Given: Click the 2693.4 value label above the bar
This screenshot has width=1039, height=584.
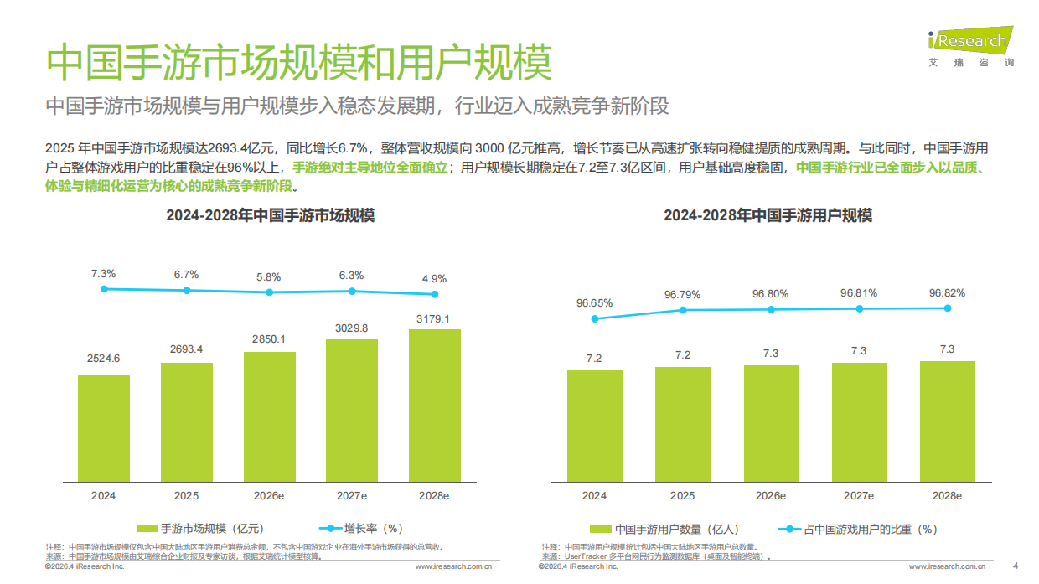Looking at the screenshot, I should [186, 349].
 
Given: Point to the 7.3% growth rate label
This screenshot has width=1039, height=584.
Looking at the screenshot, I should [103, 274].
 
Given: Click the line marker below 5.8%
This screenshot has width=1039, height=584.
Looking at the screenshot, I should [269, 292].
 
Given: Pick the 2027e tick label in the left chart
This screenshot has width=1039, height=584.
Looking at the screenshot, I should [351, 496].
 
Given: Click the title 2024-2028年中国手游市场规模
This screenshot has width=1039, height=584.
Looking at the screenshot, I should [270, 215].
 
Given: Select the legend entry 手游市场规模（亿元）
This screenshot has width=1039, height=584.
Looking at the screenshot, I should [200, 529].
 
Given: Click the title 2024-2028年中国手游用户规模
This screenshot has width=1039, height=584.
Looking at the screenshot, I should [768, 215].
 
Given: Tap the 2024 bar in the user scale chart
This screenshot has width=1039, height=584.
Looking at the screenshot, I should [594, 426].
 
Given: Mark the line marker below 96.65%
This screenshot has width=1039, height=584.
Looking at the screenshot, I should [594, 318].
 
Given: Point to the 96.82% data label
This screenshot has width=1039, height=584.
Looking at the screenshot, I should [947, 293].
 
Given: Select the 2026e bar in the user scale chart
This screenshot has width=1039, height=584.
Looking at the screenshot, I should [771, 423].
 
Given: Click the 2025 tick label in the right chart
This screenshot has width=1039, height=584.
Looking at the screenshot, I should [682, 496].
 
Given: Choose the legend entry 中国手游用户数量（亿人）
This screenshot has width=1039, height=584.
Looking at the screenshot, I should [664, 529].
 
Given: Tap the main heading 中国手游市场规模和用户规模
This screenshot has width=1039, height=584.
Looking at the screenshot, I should [299, 63].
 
